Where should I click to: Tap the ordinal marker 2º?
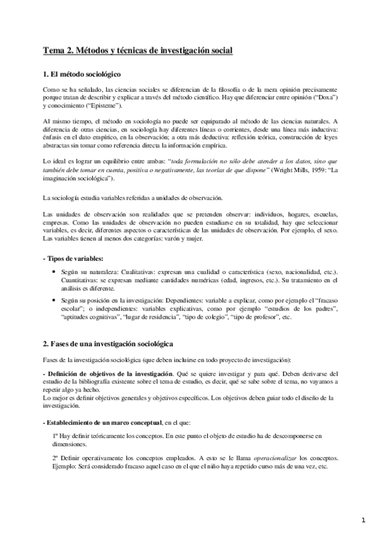pyautogui.click(x=56, y=458)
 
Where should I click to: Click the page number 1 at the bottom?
pyautogui.click(x=363, y=520)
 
